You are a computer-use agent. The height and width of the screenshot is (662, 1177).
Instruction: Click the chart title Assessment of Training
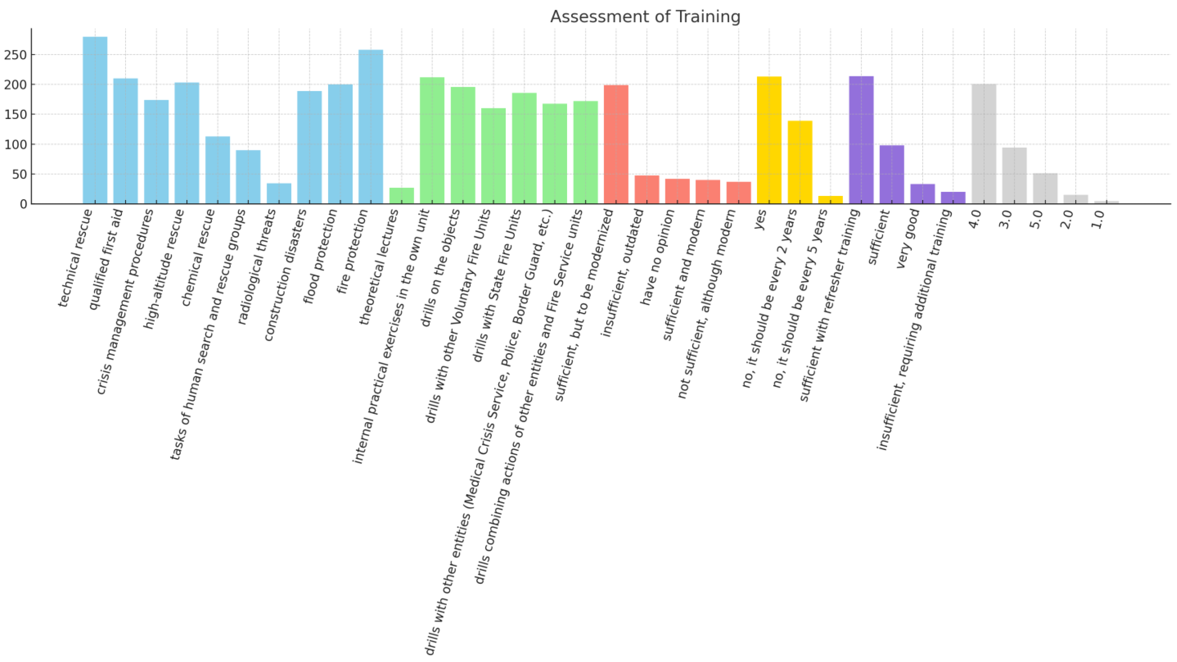645,16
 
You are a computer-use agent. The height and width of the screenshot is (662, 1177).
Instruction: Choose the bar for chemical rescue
218,170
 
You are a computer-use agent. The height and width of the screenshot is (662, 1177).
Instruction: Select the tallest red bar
616,144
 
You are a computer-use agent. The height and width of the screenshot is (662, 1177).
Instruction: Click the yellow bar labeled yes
769,140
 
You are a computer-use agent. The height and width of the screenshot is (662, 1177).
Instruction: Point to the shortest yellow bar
830,200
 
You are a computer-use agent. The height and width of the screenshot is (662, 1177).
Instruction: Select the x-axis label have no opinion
657,257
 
